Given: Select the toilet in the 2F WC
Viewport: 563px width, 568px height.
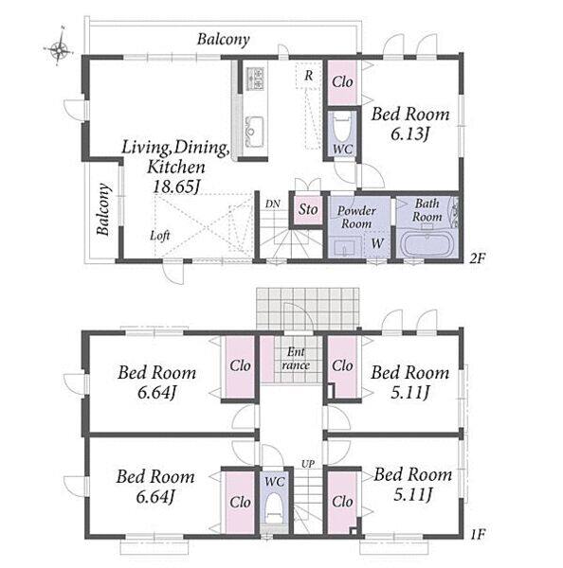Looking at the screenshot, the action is point(342,129).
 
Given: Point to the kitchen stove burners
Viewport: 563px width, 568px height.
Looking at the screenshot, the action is point(256,79).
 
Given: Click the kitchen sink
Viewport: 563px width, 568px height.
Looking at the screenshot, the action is point(255,131).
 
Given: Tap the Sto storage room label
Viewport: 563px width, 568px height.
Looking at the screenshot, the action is point(308,209).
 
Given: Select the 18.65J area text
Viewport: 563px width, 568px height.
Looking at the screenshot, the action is point(176,186).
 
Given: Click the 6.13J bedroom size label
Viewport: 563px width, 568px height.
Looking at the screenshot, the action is point(409,134).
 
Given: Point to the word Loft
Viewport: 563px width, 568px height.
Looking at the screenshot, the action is point(160,236).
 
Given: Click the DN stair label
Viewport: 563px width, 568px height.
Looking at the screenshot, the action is point(272,204).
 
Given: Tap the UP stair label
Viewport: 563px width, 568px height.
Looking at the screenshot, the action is point(308,464).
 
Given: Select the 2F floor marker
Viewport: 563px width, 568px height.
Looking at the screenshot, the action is point(477,258).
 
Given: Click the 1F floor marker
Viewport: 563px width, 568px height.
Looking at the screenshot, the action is point(478,534).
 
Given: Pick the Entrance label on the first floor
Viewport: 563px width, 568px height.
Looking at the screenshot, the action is point(296,359).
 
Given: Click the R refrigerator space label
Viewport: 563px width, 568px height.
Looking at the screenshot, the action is point(309,76).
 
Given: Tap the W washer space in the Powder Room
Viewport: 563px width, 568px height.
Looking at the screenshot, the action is point(377,243).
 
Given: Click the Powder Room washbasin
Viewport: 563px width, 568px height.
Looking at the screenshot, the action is point(344,248).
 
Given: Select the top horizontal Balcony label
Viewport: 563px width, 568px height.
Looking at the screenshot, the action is point(224,39).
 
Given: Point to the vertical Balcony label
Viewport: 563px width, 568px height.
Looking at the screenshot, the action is point(103,210).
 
